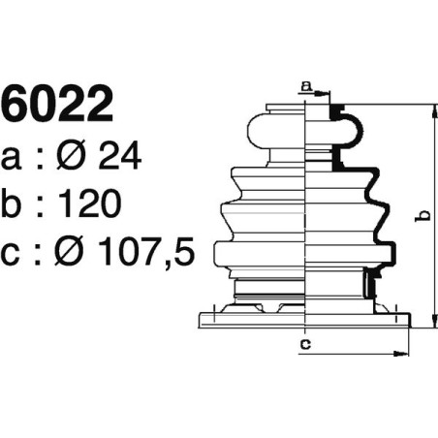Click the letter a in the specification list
coord(16,158)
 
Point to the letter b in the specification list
coord(16,203)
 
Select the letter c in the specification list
coord(16,253)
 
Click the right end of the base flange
coord(411,318)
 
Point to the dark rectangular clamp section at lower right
coord(368,284)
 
